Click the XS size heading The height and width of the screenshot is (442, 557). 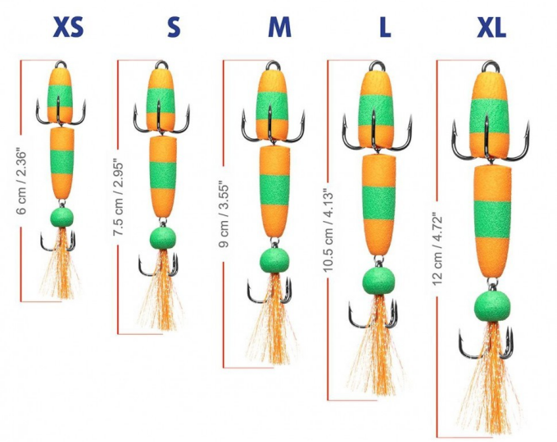(x=67, y=29)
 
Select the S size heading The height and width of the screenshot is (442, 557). (x=173, y=29)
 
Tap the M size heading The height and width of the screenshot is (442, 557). (x=279, y=29)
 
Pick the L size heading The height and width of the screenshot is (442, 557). (x=385, y=29)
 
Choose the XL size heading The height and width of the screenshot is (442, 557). (x=491, y=29)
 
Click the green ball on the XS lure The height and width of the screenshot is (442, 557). (x=61, y=217)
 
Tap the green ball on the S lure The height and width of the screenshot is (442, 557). (x=163, y=238)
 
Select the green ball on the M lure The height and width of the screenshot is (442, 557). (x=275, y=261)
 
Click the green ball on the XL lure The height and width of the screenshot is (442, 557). (x=491, y=306)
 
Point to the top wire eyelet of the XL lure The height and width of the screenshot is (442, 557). (x=491, y=66)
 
